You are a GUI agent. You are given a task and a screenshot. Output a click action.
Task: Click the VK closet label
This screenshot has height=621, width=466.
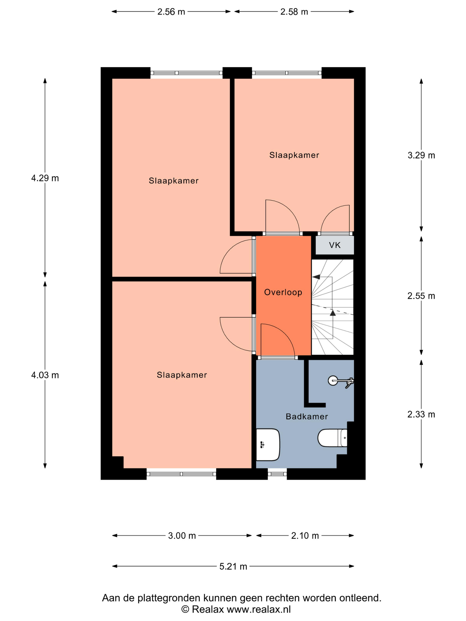[335, 245]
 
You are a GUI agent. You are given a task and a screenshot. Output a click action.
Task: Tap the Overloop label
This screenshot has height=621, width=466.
[283, 292]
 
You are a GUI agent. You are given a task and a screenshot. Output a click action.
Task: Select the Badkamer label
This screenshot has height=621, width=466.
[307, 416]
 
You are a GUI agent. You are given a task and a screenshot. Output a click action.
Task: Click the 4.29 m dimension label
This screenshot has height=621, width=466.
[45, 178]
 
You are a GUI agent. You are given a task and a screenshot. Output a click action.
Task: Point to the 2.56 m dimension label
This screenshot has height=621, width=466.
[171, 12]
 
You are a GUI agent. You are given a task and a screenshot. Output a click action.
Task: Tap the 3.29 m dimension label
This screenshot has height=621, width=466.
[421, 155]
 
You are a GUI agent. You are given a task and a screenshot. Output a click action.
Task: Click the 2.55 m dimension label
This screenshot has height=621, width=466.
[421, 296]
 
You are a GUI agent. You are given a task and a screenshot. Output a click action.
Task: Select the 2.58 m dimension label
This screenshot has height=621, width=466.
[294, 12]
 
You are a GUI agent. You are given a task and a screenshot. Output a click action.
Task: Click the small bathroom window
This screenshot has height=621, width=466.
[277, 474]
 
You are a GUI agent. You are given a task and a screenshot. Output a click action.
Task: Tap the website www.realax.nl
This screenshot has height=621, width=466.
[259, 609]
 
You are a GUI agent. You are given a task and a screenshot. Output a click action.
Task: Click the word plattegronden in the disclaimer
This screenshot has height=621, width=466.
[169, 598]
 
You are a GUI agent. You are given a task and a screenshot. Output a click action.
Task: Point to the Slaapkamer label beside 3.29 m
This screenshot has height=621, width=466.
[294, 155]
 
